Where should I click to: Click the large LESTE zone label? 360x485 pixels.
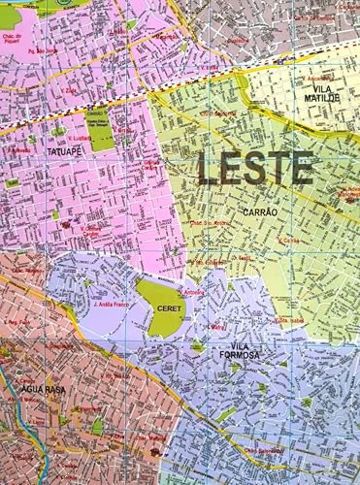click(x=255, y=168)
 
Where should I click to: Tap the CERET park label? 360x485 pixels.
click(x=161, y=307)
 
